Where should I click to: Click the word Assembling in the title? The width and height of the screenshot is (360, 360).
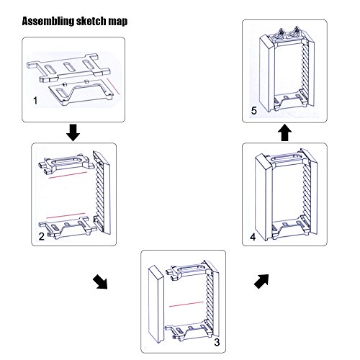click(48, 21)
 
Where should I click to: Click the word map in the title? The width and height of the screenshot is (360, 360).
click(118, 22)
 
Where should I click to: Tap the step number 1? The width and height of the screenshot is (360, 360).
click(35, 100)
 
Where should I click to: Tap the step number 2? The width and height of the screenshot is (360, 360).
click(41, 237)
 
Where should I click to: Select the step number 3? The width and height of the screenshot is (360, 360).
click(217, 342)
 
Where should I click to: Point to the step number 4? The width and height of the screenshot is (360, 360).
click(253, 237)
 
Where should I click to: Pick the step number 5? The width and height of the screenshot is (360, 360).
click(254, 111)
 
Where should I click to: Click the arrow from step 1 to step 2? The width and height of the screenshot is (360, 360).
click(73, 132)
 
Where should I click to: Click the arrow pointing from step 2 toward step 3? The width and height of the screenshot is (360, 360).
click(101, 282)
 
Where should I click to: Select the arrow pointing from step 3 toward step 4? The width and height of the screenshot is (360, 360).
click(261, 281)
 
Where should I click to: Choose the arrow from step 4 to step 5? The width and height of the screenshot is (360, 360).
click(284, 132)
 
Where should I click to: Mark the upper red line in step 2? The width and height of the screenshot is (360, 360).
click(68, 175)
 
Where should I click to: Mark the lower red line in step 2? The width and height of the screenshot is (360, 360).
click(66, 215)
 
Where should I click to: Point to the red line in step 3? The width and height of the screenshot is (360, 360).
click(186, 304)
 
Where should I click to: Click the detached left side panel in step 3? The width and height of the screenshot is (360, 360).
click(156, 304)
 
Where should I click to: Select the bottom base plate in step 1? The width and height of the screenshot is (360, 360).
click(81, 93)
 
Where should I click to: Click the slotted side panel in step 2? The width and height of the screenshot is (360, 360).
click(102, 192)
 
